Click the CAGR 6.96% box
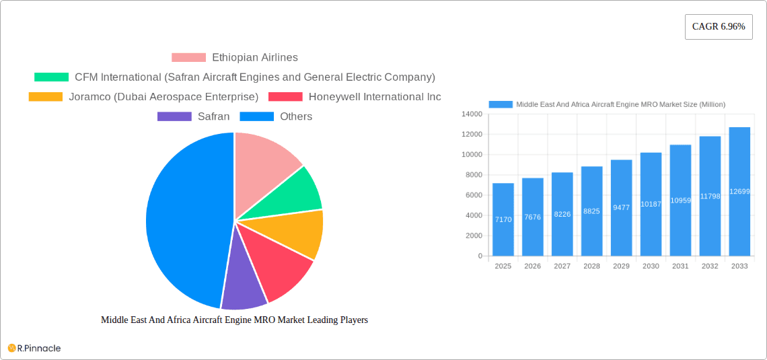719,27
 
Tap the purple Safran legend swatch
174,116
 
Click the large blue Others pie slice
182,222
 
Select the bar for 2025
503,219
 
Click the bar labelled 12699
739,191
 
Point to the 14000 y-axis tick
471,114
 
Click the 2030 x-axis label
651,266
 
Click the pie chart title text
234,320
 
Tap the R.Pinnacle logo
34,348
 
